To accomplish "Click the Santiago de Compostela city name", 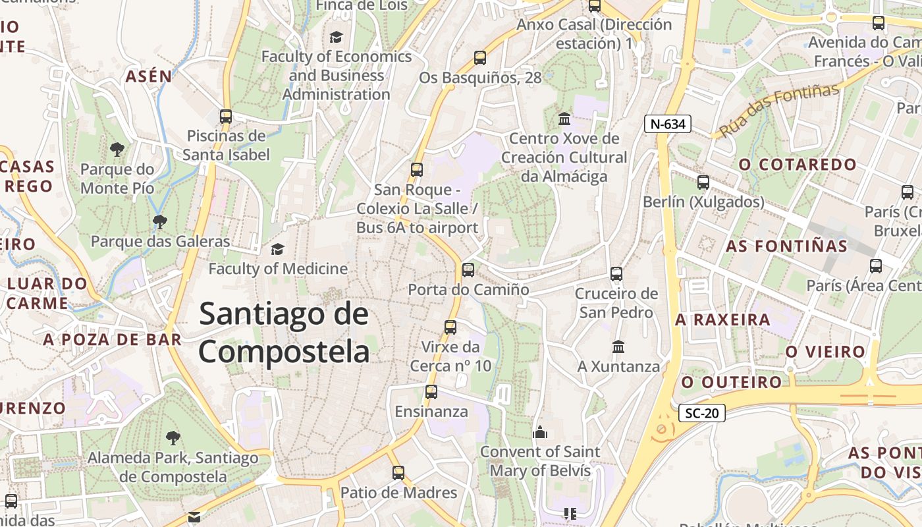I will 284,333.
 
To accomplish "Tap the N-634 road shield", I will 667,124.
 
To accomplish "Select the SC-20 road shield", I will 701,414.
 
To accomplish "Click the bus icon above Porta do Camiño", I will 468,269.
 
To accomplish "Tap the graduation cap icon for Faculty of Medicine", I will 277,249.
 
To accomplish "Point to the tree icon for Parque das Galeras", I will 159,221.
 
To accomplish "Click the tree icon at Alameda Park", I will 173,437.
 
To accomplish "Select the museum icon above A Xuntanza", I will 618,347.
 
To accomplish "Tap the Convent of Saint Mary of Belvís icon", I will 540,432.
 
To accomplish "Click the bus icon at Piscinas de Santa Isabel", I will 226,117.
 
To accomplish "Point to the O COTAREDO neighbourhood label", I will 798,165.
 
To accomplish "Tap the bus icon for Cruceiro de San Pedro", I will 616,273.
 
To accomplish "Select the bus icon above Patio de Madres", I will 398,472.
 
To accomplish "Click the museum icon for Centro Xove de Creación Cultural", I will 564,119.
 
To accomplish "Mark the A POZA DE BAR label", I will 112,340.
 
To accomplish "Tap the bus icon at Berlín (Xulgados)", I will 703,182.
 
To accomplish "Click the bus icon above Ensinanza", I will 431,392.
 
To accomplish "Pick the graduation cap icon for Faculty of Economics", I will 337,37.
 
